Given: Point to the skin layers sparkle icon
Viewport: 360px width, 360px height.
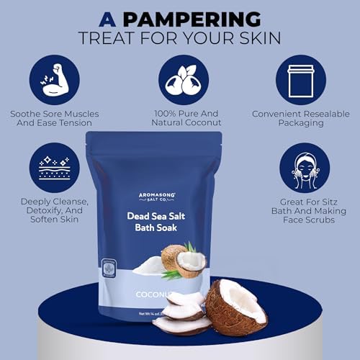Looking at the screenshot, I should coord(54,168).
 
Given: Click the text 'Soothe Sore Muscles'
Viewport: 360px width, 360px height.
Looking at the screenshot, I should coord(55,113).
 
